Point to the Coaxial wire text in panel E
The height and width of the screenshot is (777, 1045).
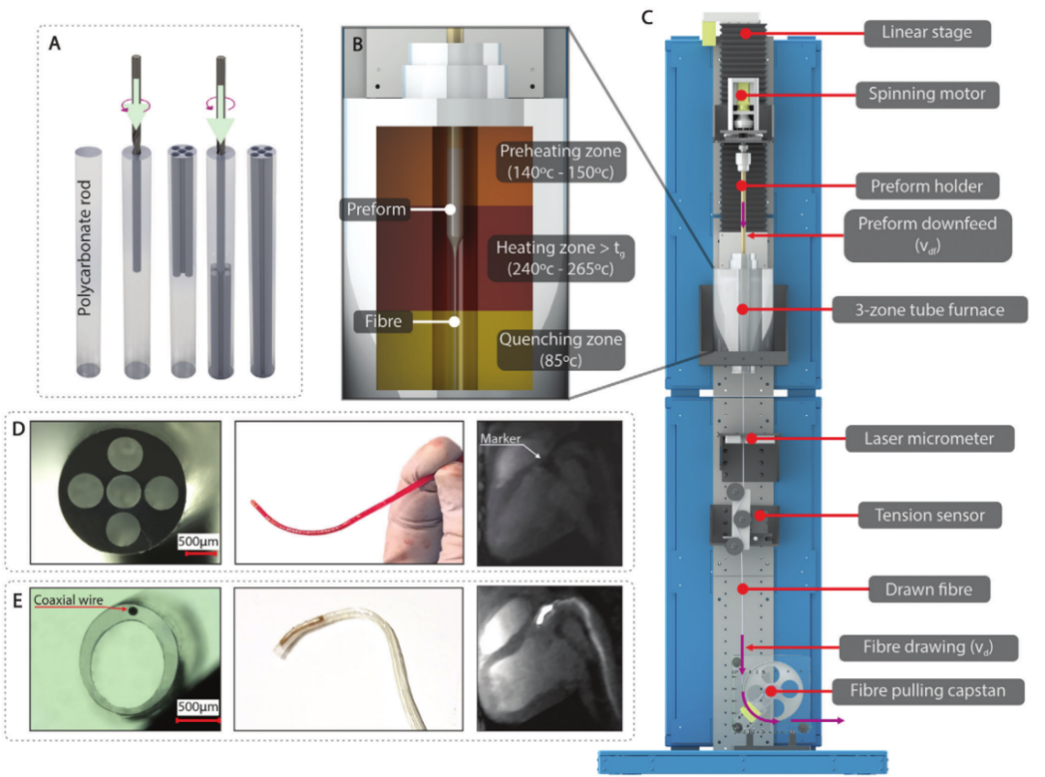tap(67, 599)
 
